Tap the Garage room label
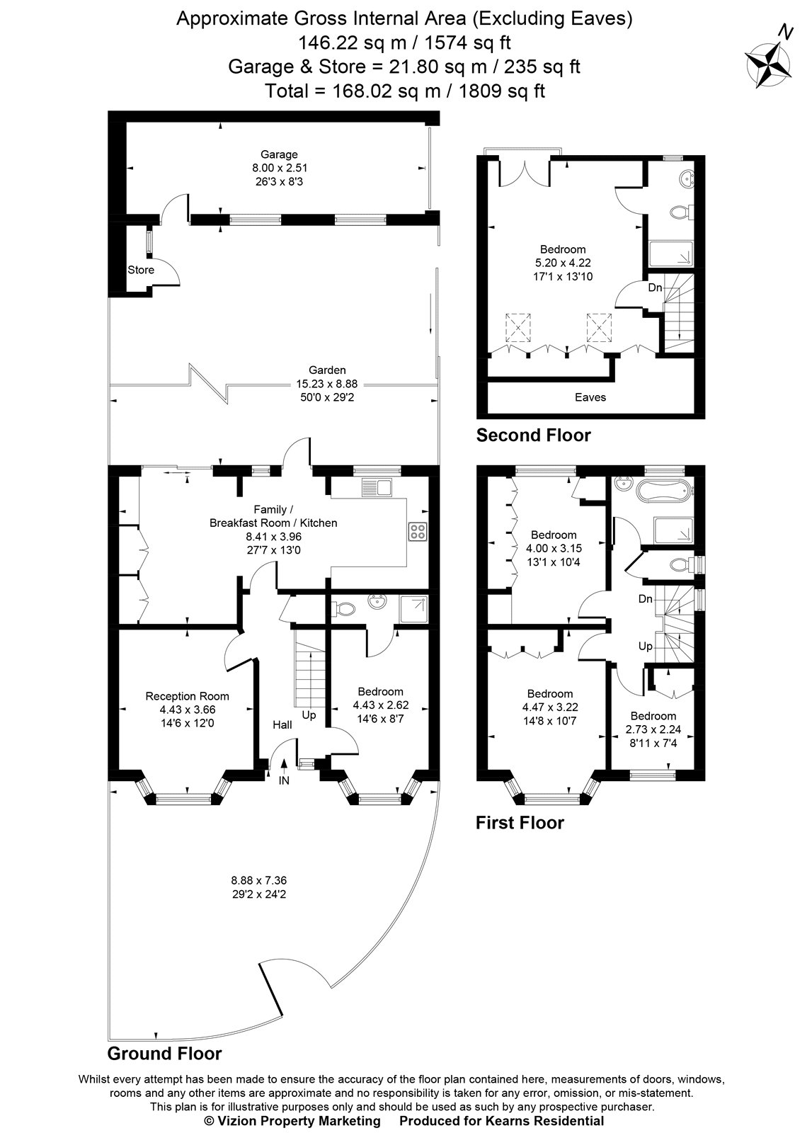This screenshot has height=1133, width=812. (x=279, y=154)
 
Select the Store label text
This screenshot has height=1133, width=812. (x=141, y=270)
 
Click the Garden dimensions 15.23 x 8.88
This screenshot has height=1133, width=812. (x=327, y=384)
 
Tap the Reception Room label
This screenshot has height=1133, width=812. (x=187, y=696)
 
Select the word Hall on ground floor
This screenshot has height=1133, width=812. (x=282, y=725)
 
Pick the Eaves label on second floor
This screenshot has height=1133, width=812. (x=590, y=397)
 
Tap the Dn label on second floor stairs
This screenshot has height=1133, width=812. (x=656, y=288)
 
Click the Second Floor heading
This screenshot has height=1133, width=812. (x=533, y=435)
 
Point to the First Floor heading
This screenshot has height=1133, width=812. (x=520, y=823)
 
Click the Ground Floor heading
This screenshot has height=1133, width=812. (x=164, y=1054)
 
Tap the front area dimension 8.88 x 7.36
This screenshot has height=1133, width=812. (x=258, y=880)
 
